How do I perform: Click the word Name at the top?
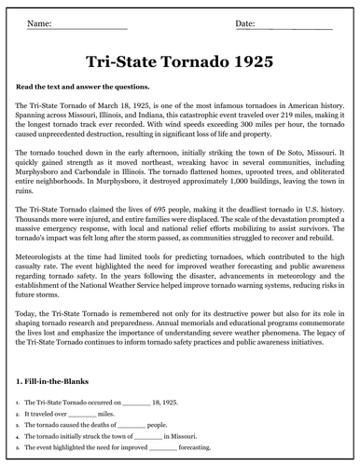39,21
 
